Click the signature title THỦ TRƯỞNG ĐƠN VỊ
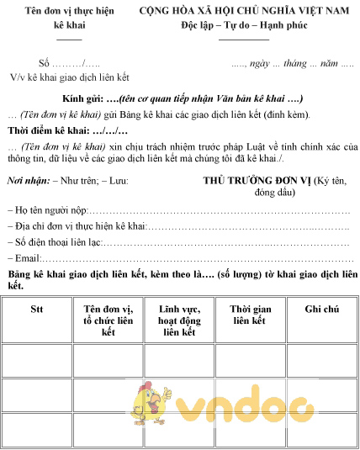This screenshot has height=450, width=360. pyautogui.click(x=256, y=180)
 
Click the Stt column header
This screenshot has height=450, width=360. pyautogui.click(x=36, y=309)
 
